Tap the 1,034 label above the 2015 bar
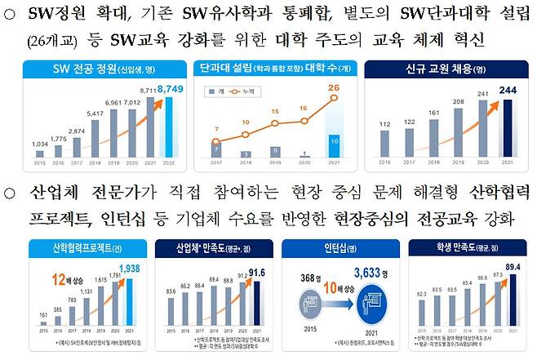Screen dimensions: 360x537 [x=39, y=144]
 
